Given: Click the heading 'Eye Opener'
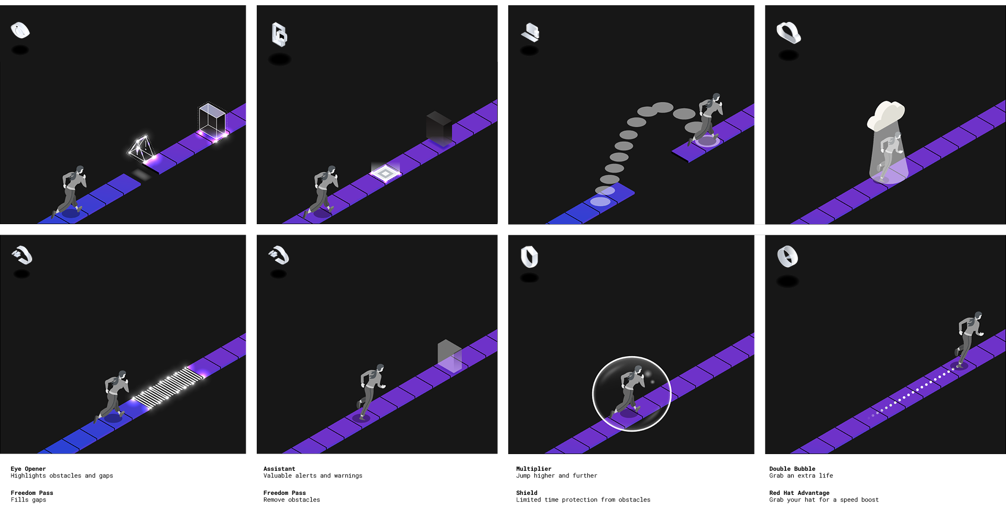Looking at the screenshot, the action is [x=28, y=469].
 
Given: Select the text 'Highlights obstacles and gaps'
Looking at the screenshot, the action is [x=62, y=475].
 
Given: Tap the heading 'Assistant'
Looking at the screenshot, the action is [x=279, y=469].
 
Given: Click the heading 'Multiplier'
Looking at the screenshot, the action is [x=534, y=469].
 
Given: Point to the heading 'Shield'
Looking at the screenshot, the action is [x=527, y=493].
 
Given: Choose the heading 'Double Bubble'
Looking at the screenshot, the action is [x=792, y=469].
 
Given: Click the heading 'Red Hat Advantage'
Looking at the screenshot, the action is [x=799, y=493].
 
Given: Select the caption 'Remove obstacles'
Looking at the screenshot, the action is [x=291, y=500].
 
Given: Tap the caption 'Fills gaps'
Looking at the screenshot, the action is [x=28, y=500].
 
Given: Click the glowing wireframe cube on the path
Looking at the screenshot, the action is [x=212, y=121].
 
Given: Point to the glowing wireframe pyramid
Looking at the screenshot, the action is [x=141, y=148].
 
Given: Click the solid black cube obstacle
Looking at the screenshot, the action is [x=439, y=128].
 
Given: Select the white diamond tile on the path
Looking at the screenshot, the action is [x=385, y=172].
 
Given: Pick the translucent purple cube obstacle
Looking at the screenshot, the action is [x=450, y=356].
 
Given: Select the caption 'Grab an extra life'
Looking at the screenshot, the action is [x=801, y=475].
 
